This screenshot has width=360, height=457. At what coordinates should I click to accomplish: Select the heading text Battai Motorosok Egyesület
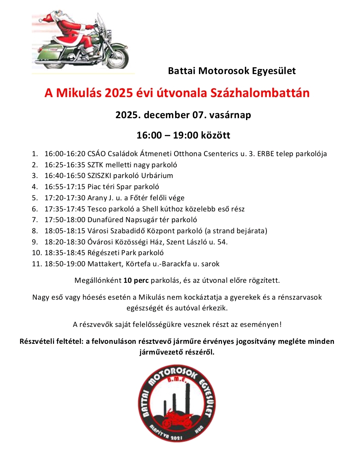(x=232, y=71)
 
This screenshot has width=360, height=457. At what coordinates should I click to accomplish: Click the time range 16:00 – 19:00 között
(x=184, y=135)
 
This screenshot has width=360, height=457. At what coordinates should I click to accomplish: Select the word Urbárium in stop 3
(x=158, y=176)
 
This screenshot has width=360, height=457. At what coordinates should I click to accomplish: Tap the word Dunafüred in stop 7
(x=105, y=220)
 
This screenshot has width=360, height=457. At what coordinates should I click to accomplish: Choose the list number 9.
(x=35, y=242)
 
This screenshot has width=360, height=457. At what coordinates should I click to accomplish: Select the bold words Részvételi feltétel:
(x=52, y=342)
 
